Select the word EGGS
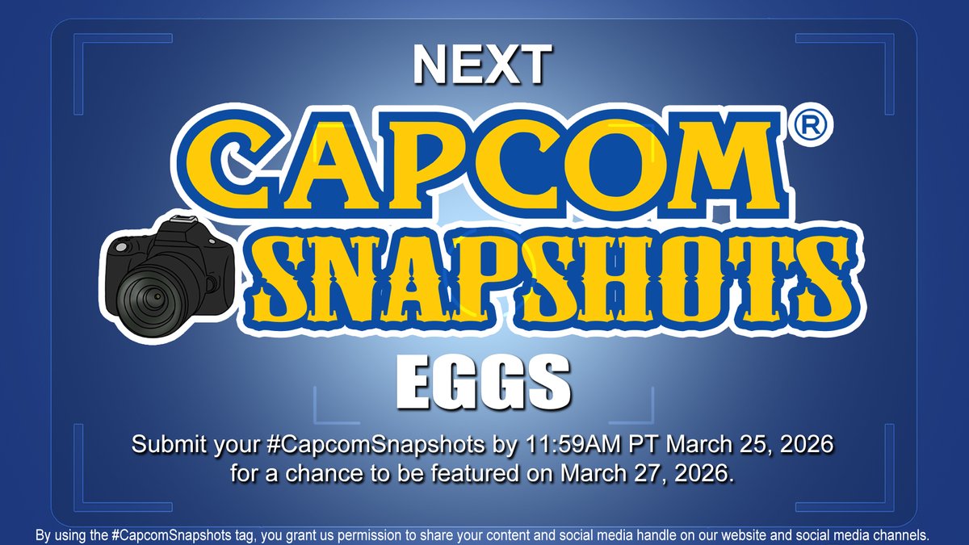(x=484, y=386)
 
